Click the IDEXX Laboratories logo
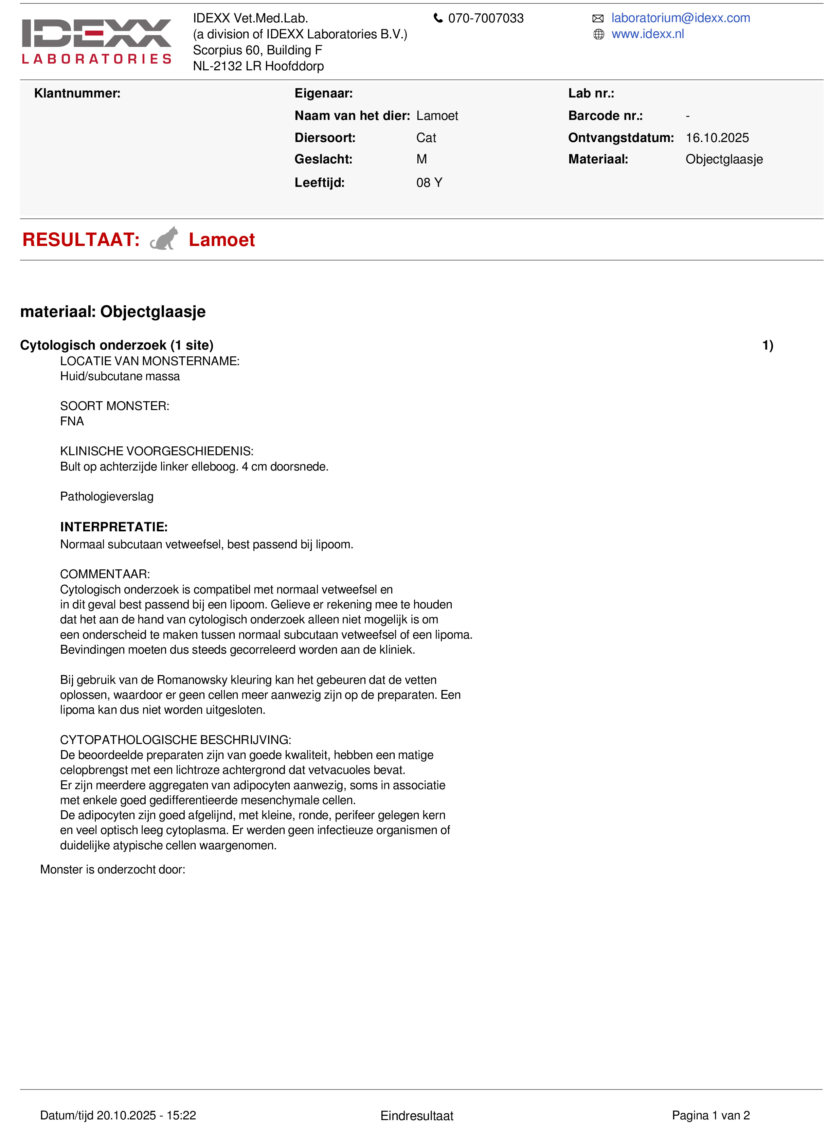pyautogui.click(x=96, y=41)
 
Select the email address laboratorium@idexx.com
pyautogui.click(x=680, y=18)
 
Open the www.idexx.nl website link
pyautogui.click(x=647, y=34)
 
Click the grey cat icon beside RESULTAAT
pyautogui.click(x=164, y=239)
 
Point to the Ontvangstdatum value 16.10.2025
pyautogui.click(x=717, y=138)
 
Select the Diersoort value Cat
pyautogui.click(x=426, y=138)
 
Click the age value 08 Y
pyautogui.click(x=429, y=183)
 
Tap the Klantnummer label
pyautogui.click(x=77, y=93)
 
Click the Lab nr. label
pyautogui.click(x=591, y=93)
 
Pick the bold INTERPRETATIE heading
pyautogui.click(x=114, y=527)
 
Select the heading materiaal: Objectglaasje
pyautogui.click(x=113, y=312)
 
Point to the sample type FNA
pyautogui.click(x=72, y=421)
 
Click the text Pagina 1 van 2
pyautogui.click(x=711, y=1115)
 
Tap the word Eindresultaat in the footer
pyautogui.click(x=416, y=1115)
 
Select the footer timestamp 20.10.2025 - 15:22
pyautogui.click(x=146, y=1115)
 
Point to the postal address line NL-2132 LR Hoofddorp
pyautogui.click(x=258, y=66)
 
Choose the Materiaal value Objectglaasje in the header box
pyautogui.click(x=724, y=159)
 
